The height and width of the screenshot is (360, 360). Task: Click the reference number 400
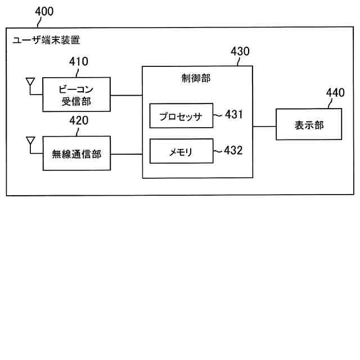[45, 11]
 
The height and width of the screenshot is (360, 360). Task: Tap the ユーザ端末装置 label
[46, 40]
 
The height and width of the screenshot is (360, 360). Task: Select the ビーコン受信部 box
[76, 94]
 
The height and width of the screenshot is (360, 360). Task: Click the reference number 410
[78, 62]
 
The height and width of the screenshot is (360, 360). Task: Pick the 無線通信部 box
[76, 153]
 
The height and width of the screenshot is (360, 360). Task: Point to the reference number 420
[78, 120]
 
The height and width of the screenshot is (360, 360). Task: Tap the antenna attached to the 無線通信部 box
[30, 141]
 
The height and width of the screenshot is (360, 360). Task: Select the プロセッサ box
[181, 116]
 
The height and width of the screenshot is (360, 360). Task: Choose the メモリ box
[181, 151]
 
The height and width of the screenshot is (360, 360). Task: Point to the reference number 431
[234, 115]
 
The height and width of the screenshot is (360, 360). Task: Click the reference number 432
[234, 150]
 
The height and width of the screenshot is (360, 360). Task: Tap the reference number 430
[240, 52]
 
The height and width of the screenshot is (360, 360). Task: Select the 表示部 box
[309, 125]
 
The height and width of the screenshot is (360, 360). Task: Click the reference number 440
[336, 93]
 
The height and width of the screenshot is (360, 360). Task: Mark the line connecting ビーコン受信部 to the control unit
[126, 94]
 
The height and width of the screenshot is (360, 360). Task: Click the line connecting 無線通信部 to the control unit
[126, 153]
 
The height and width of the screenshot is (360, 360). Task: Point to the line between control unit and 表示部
[264, 126]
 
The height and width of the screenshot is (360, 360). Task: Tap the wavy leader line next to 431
[218, 115]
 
